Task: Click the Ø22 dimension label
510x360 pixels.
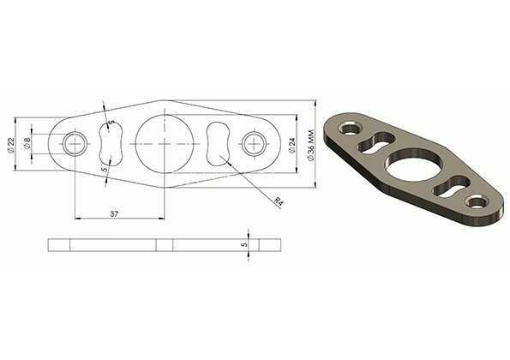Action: coord(11,145)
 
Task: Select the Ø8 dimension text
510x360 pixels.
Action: coord(27,143)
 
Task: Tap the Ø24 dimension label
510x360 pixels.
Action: coord(291,145)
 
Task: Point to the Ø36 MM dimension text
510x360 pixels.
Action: coord(310,145)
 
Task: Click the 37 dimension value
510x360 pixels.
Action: coord(114,213)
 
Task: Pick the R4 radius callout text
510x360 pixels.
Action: coord(279,201)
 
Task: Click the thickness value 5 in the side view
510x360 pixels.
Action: coord(245,244)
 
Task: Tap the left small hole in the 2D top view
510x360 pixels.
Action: coord(75,144)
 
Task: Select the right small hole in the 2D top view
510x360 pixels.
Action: coord(255,144)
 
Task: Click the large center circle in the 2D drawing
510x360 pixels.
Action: coord(165,144)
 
